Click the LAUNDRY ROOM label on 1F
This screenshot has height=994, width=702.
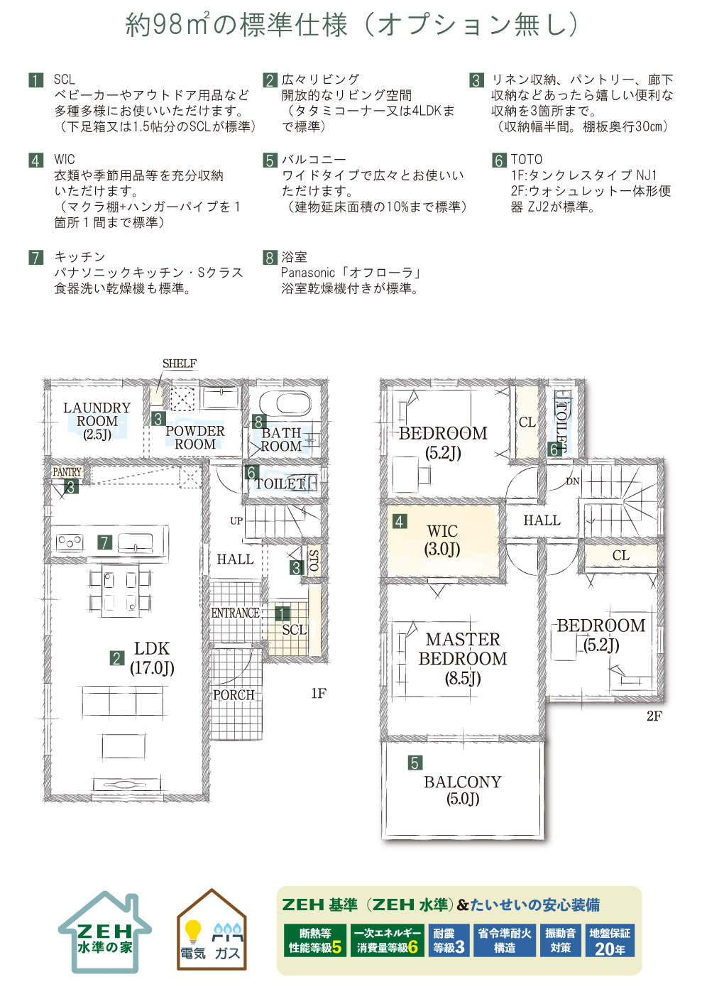pos(97,420)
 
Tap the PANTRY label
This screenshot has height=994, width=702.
pos(67,471)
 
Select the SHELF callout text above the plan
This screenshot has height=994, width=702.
pos(180,364)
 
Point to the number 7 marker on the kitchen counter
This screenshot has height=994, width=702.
pos(105,542)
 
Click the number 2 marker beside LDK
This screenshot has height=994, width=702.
pos(116,658)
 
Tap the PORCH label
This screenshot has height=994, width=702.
pos(234,695)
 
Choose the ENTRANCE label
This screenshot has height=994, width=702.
pos(235,613)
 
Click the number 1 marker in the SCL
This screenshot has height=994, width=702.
pos(283,613)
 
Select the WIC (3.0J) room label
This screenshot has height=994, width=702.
pos(442,540)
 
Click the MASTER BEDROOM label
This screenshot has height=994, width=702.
pos(463,659)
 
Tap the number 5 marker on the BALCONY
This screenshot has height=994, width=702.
pos(415,763)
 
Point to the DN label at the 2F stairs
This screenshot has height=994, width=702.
pos(572,481)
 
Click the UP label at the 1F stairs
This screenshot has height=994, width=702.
pos(236,520)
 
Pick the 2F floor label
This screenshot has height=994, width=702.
pos(654,716)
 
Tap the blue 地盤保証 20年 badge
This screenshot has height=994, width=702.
pos(610,940)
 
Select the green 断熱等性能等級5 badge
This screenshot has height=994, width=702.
pos(315,940)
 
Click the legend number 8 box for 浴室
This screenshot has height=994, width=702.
pos(270,257)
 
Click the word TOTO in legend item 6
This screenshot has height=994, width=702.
pos(526,159)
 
